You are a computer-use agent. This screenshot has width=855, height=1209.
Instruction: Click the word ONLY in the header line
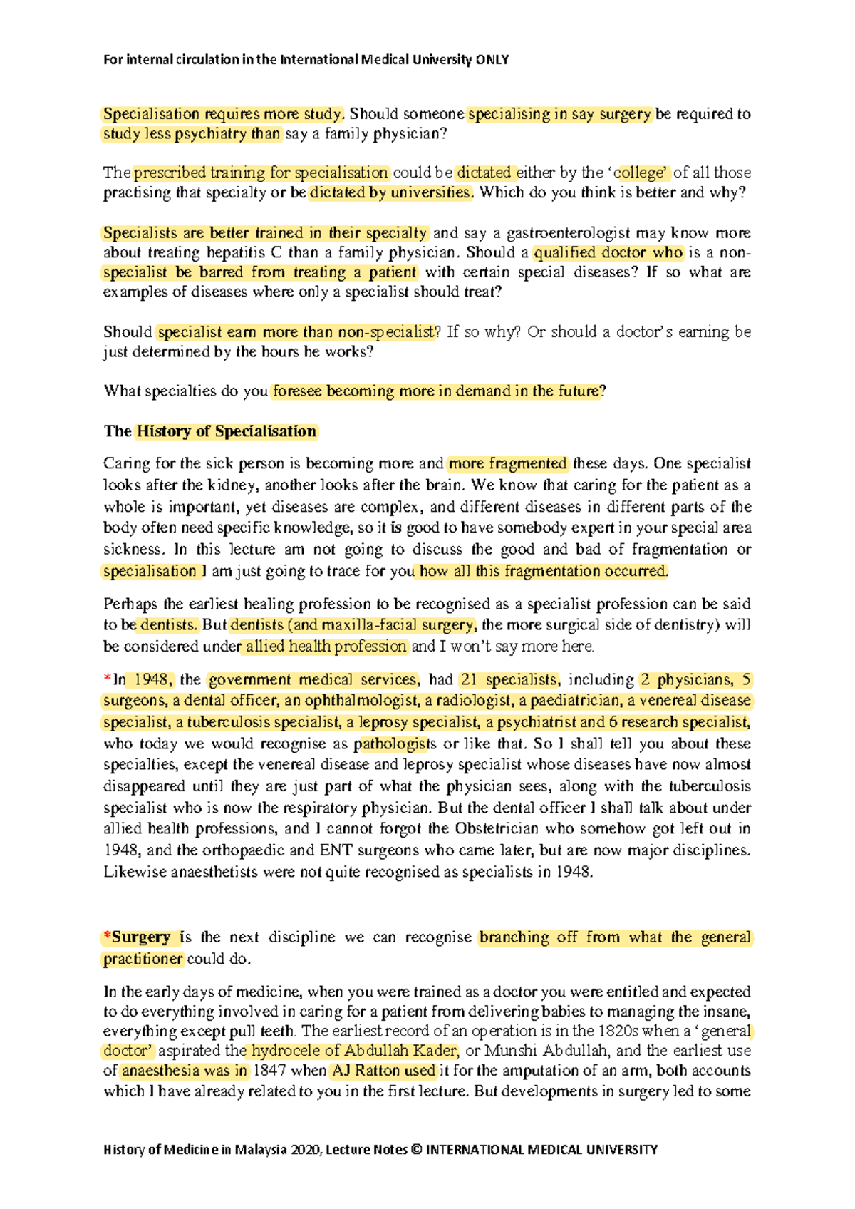492,60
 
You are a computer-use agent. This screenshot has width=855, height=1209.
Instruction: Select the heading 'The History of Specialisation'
210,431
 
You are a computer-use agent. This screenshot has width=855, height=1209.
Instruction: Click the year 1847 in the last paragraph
270,1071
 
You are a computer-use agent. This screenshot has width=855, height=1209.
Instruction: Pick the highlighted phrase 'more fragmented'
507,464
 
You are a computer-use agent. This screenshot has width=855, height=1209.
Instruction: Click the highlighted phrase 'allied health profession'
326,647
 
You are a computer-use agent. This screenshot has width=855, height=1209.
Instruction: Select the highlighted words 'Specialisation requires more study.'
224,114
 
